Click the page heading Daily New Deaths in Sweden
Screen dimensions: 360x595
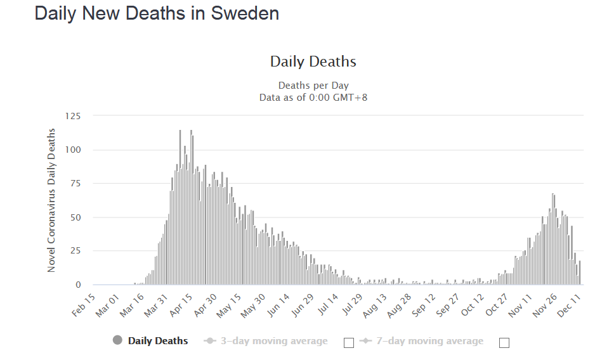(x=157, y=13)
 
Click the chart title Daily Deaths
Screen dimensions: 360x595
(x=313, y=61)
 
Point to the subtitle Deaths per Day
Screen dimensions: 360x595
(x=313, y=86)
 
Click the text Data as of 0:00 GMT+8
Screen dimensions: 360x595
(x=313, y=98)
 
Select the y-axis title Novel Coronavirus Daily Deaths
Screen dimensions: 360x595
(x=51, y=200)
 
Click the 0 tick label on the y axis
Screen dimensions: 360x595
(x=78, y=285)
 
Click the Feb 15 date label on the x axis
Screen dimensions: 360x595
(x=84, y=305)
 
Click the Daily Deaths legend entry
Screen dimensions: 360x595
(x=158, y=341)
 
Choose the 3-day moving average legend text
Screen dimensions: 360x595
(x=274, y=341)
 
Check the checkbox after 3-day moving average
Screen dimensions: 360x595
(x=348, y=343)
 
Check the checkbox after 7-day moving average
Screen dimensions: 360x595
(x=504, y=343)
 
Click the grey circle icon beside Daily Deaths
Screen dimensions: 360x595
(x=117, y=340)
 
